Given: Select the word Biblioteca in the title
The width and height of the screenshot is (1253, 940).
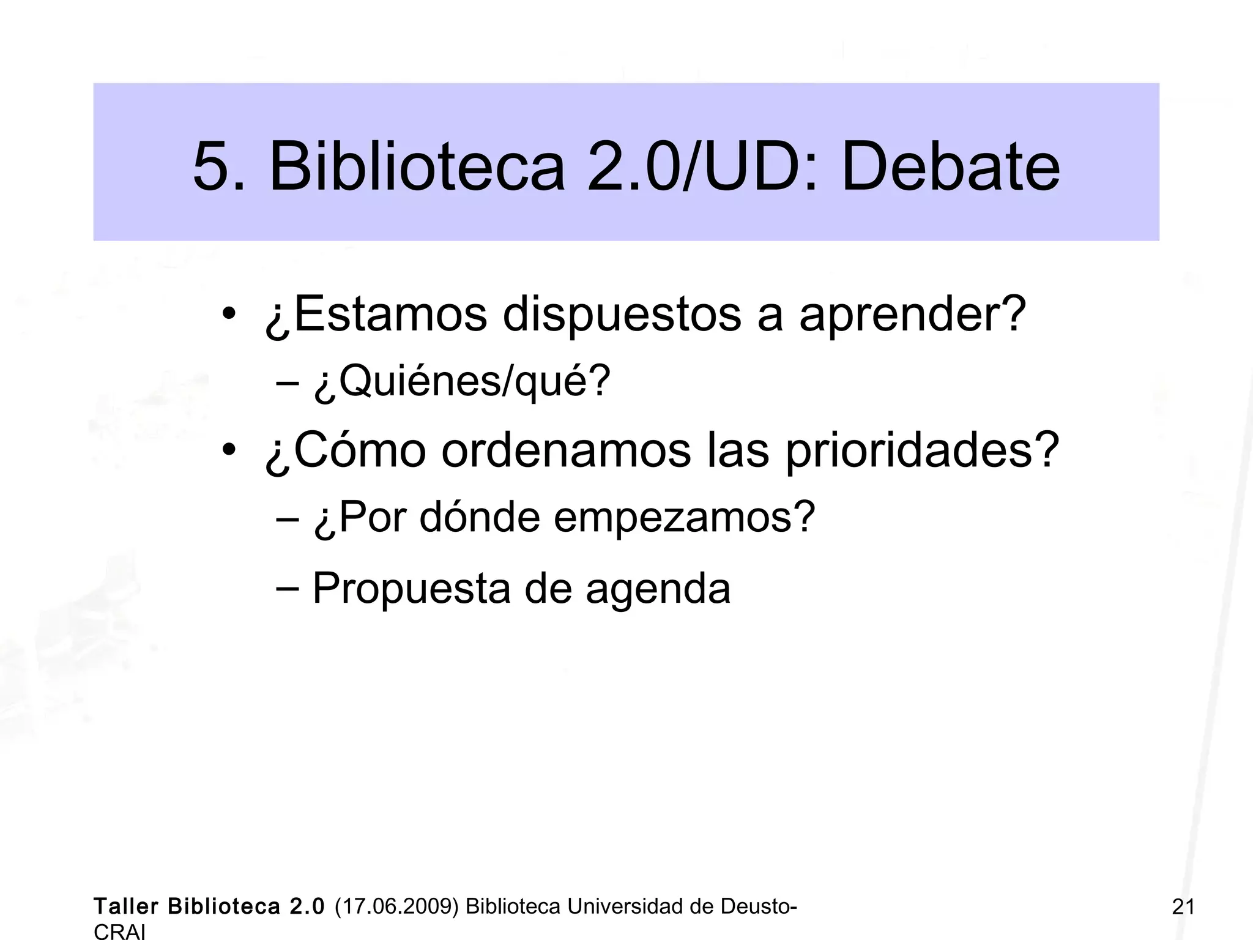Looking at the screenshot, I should point(416,166).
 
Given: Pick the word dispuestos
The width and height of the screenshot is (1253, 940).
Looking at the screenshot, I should point(622,315).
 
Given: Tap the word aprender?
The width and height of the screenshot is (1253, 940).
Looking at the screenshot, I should point(912,315).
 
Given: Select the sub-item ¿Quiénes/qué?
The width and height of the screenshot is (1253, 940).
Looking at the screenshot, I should point(462,382).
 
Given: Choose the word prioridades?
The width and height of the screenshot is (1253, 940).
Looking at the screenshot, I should point(921,450).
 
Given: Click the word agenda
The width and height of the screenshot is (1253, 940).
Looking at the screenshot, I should point(658,589).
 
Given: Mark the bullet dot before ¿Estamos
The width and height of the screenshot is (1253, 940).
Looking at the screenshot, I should point(229,315).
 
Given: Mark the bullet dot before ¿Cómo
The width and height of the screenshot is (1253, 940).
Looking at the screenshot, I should point(229,452).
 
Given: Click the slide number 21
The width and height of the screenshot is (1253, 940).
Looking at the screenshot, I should point(1183,906).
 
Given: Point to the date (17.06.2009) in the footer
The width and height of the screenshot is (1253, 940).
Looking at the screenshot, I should point(396,906).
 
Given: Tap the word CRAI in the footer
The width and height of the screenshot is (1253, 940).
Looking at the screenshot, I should point(120,931).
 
